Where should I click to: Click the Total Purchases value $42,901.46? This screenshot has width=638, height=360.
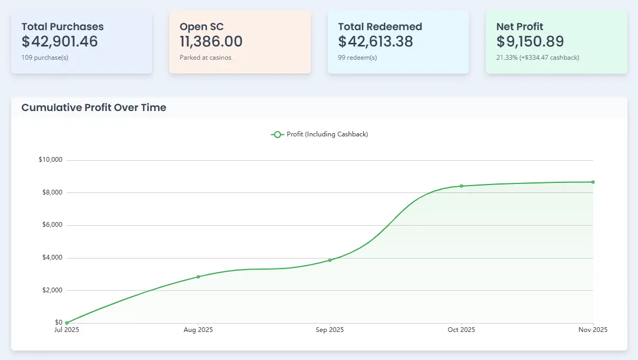click(x=60, y=41)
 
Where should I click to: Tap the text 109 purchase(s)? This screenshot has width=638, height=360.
click(x=45, y=58)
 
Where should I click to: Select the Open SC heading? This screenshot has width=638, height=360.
click(x=201, y=26)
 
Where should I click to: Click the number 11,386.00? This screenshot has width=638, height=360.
click(x=211, y=41)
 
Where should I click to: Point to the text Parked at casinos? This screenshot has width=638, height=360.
click(x=205, y=58)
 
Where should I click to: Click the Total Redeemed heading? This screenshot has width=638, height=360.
click(x=380, y=26)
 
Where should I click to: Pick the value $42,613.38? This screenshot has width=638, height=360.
click(x=375, y=41)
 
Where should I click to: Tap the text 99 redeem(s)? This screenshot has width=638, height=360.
click(x=357, y=58)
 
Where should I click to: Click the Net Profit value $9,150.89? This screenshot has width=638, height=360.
click(x=530, y=41)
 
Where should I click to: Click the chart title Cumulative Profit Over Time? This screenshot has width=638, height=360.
click(x=94, y=108)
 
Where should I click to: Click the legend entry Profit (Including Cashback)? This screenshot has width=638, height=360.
click(x=320, y=134)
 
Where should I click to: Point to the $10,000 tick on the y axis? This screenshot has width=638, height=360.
click(x=51, y=160)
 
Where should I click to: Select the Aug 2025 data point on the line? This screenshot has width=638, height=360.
click(x=198, y=276)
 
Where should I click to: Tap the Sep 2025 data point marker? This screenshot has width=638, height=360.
click(x=330, y=260)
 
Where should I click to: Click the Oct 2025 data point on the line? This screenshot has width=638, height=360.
click(x=461, y=186)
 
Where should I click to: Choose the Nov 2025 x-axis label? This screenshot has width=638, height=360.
click(x=593, y=330)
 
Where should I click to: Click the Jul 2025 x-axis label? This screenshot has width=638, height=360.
click(x=67, y=330)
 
